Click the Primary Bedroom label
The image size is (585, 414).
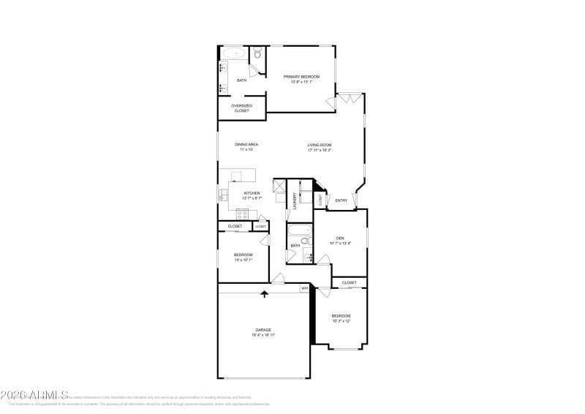tap(301, 76)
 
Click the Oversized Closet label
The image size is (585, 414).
tap(241, 108)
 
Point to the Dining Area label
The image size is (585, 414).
tap(246, 144)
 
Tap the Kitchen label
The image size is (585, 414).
tap(252, 193)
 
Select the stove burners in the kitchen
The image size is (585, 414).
tap(243, 214)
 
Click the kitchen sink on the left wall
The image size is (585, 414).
tap(222, 195)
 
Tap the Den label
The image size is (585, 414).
tap(340, 238)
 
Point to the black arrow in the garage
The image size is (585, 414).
tap(265, 294)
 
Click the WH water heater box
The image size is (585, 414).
tap(304, 289)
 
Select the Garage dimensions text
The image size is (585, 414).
tap(263, 334)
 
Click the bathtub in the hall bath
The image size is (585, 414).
tap(300, 232)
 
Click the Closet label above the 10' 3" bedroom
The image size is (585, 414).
tap(350, 282)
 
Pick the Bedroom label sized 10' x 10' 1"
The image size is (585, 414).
tap(243, 255)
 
